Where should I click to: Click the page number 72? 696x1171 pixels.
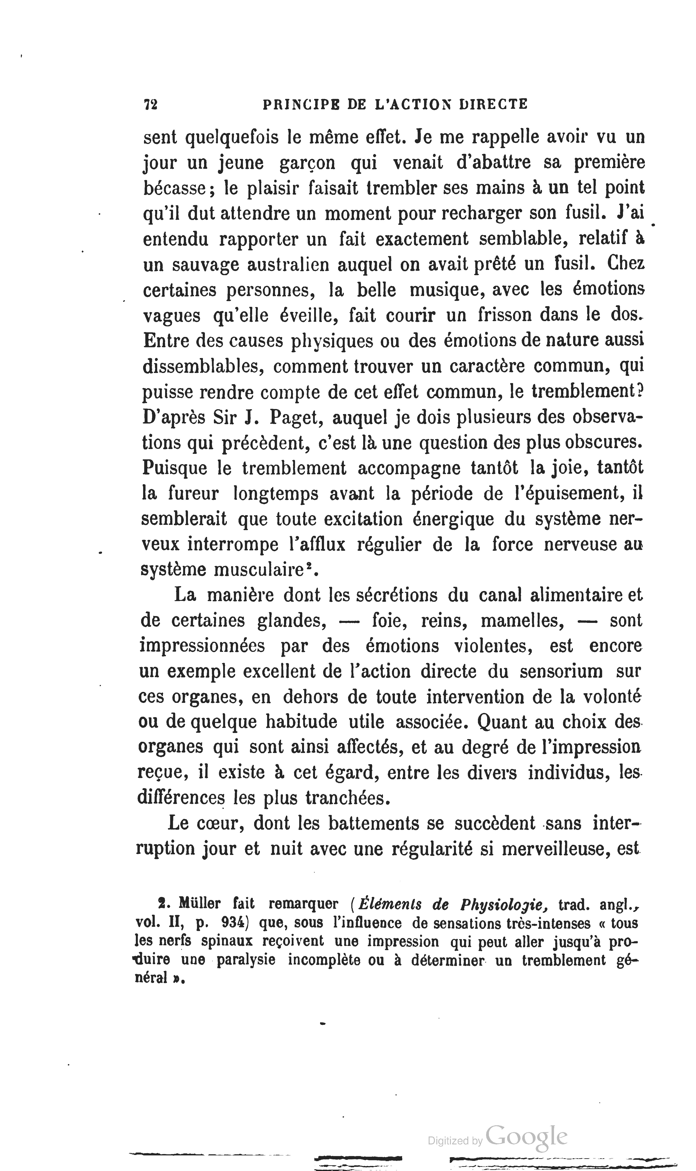click(x=151, y=104)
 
